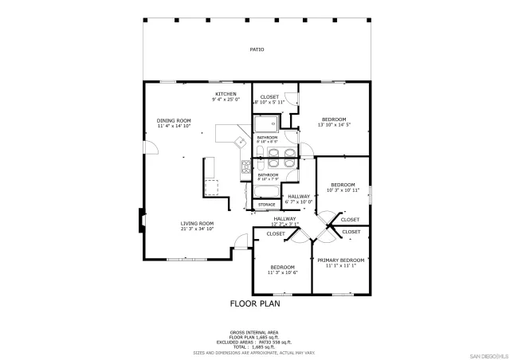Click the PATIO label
pyautogui.click(x=257, y=49)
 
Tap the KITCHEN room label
pyautogui.click(x=226, y=93)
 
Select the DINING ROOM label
pyautogui.click(x=174, y=120)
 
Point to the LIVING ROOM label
pyautogui.click(x=197, y=223)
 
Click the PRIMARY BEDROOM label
pyautogui.click(x=340, y=260)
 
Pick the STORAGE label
pyautogui.click(x=266, y=205)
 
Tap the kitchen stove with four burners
pyautogui.click(x=246, y=166)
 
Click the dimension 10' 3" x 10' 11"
pyautogui.click(x=343, y=190)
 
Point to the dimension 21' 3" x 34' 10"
pyautogui.click(x=197, y=229)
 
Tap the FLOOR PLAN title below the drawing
pyautogui.click(x=255, y=303)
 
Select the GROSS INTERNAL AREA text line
pyautogui.click(x=254, y=331)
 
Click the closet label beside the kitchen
pyautogui.click(x=269, y=96)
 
